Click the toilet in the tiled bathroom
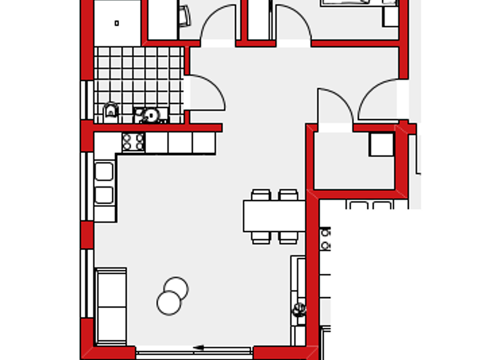coord(111,112)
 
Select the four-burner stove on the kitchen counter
coord(133,141)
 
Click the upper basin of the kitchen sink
coord(104,172)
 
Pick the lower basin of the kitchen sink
coord(104,195)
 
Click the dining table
coord(273,216)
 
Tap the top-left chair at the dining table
coord(261,195)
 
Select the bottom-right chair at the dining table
coord(288,237)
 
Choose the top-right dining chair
coord(288,195)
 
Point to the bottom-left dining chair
coord(261,237)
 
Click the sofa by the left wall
coord(111,306)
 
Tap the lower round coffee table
coord(169,303)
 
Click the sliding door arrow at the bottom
coord(198,348)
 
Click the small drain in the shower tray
coord(116,23)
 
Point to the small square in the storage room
coord(381,144)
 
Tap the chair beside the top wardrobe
coord(185,15)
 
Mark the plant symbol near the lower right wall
coord(299,310)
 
